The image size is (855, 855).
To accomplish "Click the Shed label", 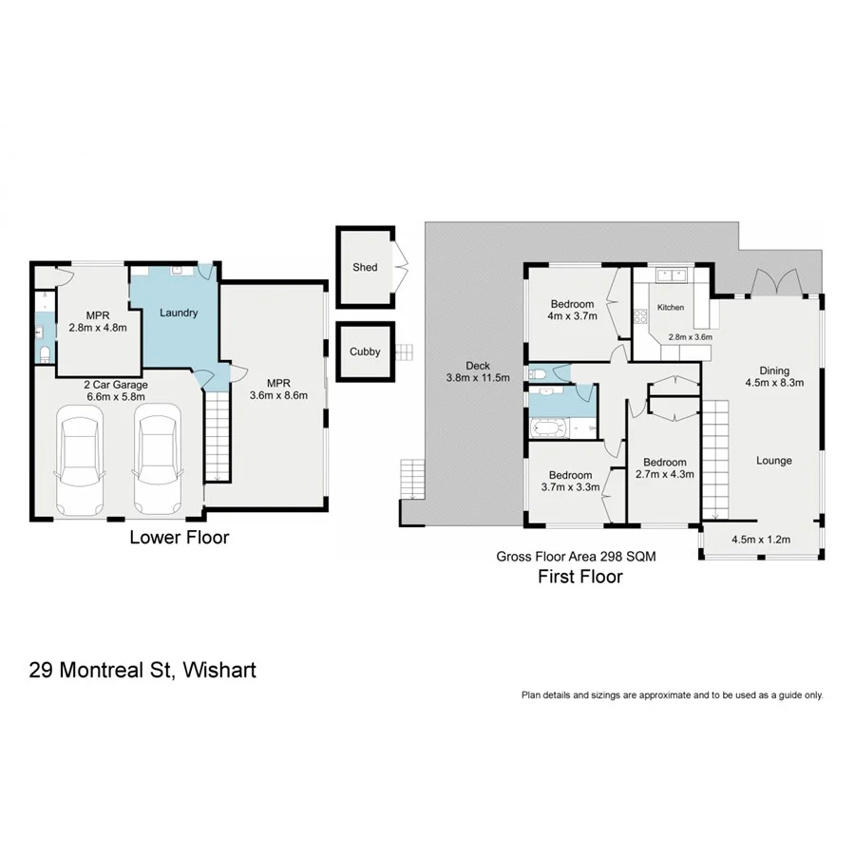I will click(365, 267).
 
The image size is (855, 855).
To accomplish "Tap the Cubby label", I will click(365, 351).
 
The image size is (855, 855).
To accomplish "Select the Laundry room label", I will click(178, 313).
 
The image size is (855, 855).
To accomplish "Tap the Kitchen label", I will click(671, 308).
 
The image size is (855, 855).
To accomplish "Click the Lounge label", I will click(773, 461).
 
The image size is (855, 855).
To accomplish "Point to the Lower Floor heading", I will click(179, 538).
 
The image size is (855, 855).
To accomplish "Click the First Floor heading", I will click(579, 576).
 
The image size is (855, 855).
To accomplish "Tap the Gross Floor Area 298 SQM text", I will click(576, 558).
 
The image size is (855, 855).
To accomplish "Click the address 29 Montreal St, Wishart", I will click(142, 670).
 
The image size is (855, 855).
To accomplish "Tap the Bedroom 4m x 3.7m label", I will click(572, 311).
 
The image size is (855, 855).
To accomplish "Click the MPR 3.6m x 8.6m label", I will click(277, 389).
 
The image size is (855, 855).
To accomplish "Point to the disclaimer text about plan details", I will click(672, 694).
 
